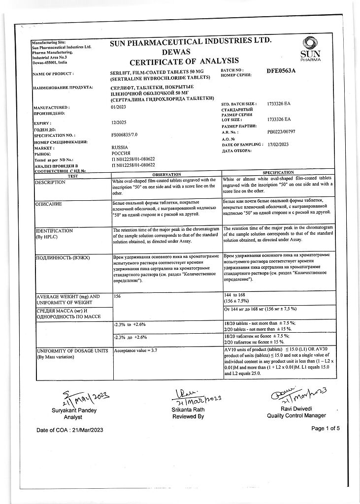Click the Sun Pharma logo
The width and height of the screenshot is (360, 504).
tap(309, 49)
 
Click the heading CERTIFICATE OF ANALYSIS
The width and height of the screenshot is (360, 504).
tap(184, 61)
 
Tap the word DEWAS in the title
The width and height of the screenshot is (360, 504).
tap(176, 51)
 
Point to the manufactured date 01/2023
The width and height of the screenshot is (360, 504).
tap(119, 107)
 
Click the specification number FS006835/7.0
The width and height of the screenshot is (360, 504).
tap(126, 134)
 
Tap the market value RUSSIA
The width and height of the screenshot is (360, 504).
tap(120, 147)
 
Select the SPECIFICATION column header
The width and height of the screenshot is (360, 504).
tap(278, 173)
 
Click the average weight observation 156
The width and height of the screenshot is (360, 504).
tap(117, 297)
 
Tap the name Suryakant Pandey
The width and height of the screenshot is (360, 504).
tap(71, 410)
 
